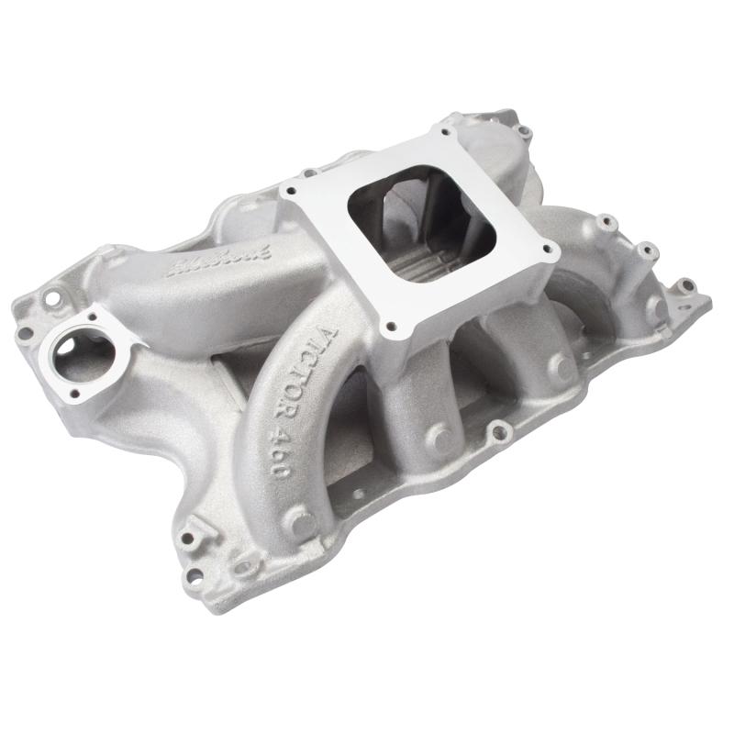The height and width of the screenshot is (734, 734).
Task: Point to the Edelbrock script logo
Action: (x=213, y=264)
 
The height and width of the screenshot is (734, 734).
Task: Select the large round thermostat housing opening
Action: (x=75, y=348)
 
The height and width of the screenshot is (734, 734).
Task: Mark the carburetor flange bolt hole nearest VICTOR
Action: (x=394, y=324)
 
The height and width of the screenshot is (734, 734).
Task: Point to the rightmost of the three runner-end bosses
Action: (x=559, y=369)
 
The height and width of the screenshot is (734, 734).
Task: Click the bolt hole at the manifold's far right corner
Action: (x=684, y=285)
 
